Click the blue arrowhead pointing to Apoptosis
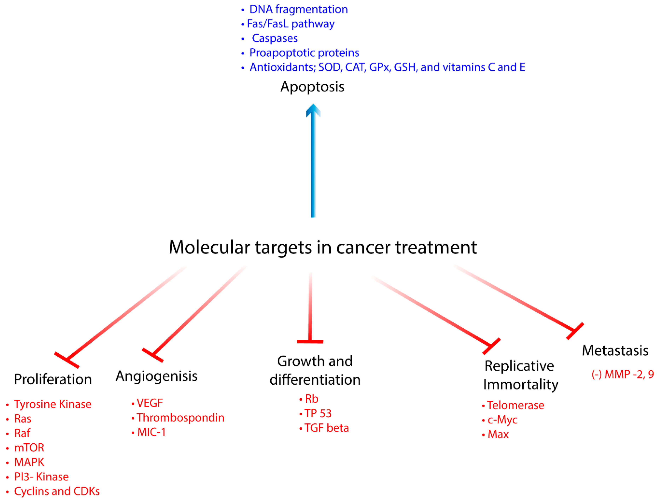coord(313,111)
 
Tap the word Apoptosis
coord(312,87)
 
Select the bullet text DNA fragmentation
coord(298,9)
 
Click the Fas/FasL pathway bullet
coord(290,24)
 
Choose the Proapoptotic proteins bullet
coord(304,53)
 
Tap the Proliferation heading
coord(53,379)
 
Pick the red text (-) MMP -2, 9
coord(623,374)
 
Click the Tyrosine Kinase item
coord(52,404)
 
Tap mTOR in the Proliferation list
coord(29,448)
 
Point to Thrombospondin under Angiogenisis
coord(180,418)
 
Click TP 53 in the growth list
coord(318,414)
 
